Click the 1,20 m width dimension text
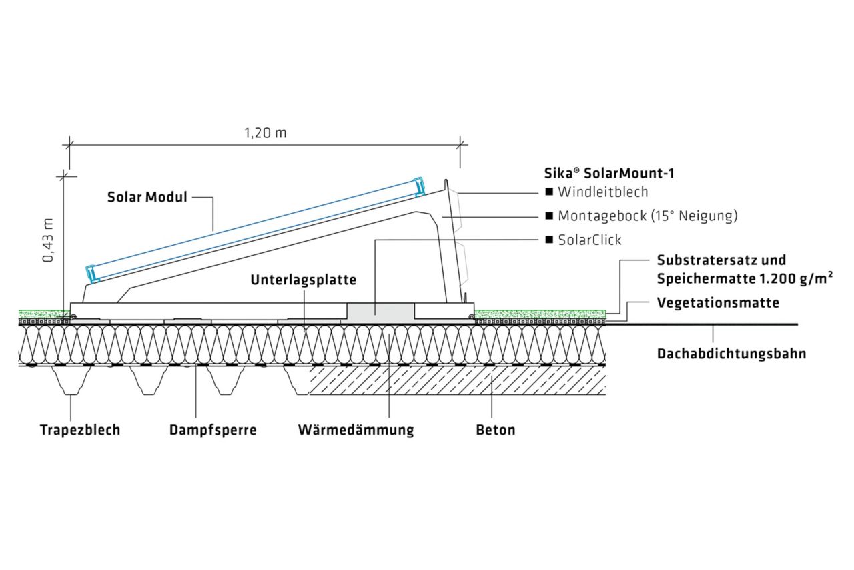(x=264, y=132)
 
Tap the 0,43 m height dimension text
(x=49, y=238)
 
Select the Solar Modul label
(x=147, y=198)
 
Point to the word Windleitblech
(x=602, y=192)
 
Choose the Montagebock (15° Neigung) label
(x=647, y=216)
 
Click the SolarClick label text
(x=589, y=240)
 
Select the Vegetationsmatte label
(x=718, y=302)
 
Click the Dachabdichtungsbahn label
(x=731, y=354)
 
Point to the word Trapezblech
(x=80, y=429)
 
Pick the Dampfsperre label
(x=212, y=429)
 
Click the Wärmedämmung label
(x=356, y=429)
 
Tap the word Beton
(x=495, y=429)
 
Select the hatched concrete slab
(x=460, y=380)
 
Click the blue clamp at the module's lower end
(x=91, y=272)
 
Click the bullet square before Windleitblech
(x=549, y=192)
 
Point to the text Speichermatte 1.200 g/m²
(x=744, y=278)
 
